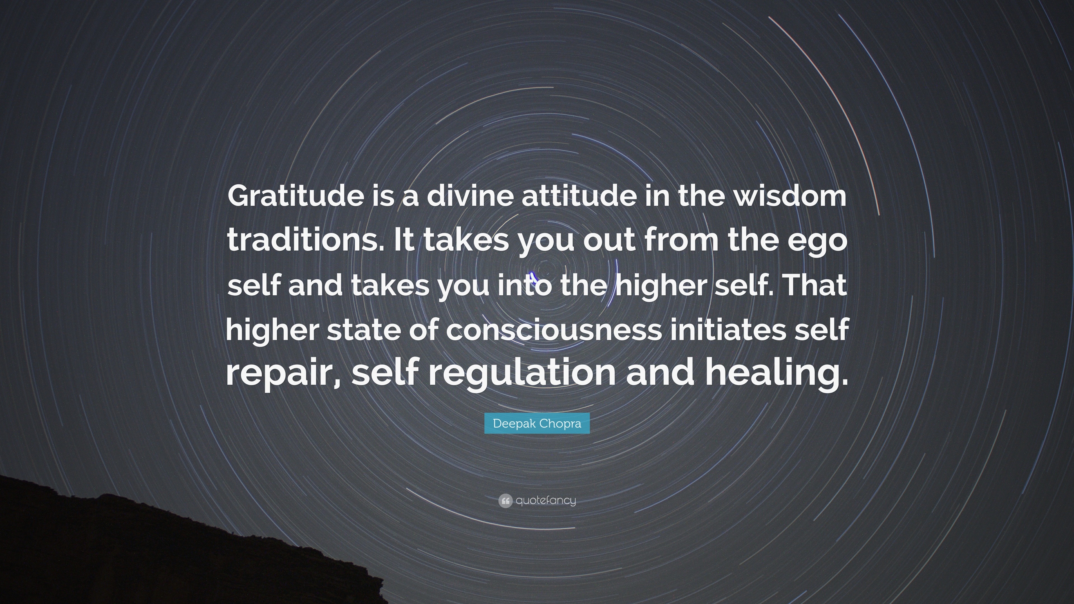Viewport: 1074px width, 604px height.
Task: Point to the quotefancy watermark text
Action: click(546, 501)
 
